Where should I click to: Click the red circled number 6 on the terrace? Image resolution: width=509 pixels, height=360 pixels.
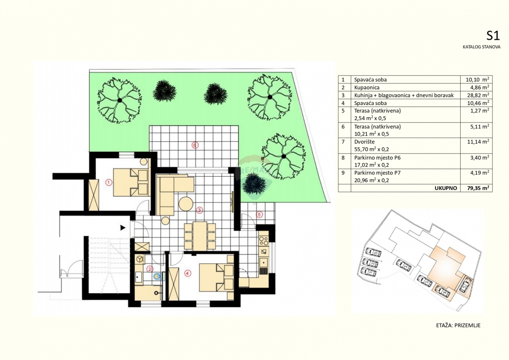(194, 145)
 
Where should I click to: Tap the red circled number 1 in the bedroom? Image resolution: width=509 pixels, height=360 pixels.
(108, 183)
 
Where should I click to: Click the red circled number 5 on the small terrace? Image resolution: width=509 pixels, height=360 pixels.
(259, 214)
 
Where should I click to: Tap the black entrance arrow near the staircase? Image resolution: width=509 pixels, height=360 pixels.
(123, 228)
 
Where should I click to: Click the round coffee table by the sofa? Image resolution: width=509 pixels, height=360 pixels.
(186, 204)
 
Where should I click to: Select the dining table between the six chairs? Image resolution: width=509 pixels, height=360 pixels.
(199, 236)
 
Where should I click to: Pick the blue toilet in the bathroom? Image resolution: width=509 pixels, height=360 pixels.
(158, 277)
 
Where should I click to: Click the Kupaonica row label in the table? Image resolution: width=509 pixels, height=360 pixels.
(366, 87)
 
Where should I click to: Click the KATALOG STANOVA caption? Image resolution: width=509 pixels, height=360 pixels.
(481, 47)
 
